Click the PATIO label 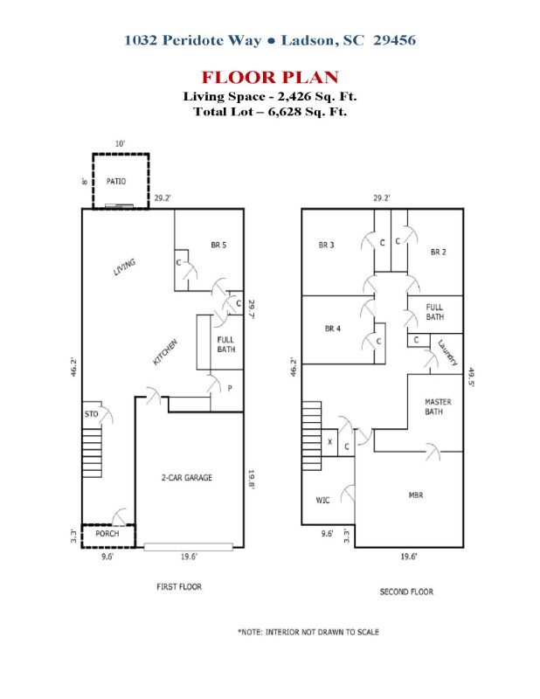click(x=116, y=182)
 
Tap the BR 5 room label click(x=218, y=245)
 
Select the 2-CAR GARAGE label click(x=186, y=477)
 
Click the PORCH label click(x=107, y=534)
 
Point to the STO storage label click(x=92, y=414)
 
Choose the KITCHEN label click(x=165, y=352)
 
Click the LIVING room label click(x=124, y=267)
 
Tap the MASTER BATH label click(x=438, y=406)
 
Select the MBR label click(x=416, y=495)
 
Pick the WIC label click(x=322, y=500)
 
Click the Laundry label click(x=447, y=353)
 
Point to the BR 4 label click(x=333, y=329)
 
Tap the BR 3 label click(x=326, y=245)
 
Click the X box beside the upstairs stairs click(x=329, y=442)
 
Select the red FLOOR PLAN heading click(x=270, y=77)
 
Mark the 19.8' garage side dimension click(x=252, y=480)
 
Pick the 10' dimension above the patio click(x=120, y=143)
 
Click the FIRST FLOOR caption click(x=179, y=586)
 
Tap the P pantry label click(x=230, y=388)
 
